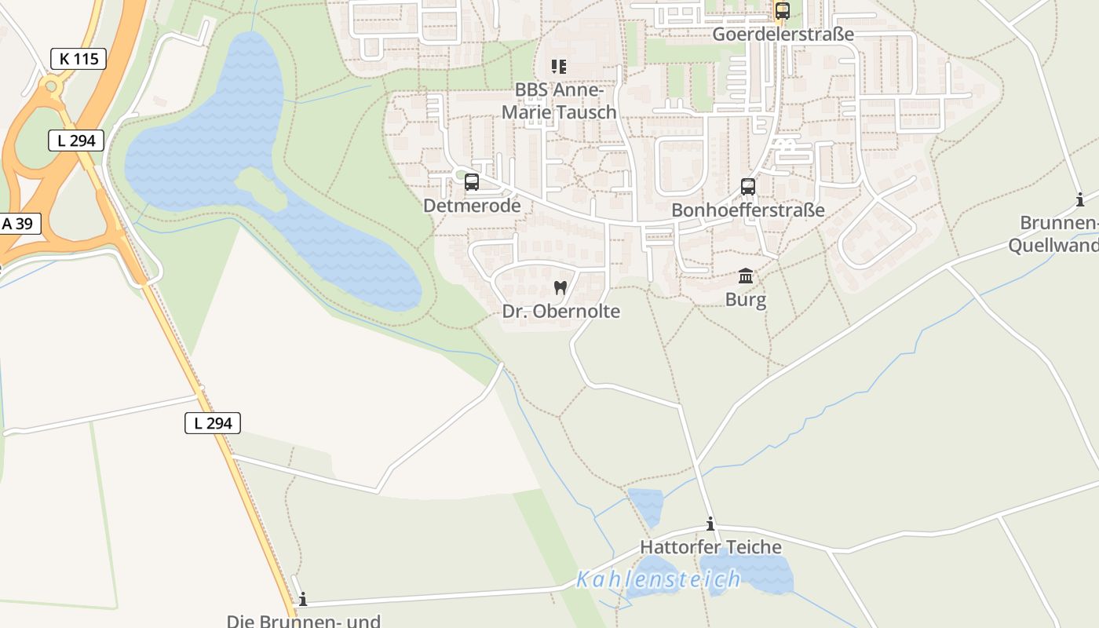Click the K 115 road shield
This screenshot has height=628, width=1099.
(x=78, y=58)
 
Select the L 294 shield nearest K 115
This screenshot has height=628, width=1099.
(x=76, y=141)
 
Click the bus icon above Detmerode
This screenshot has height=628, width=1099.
(x=472, y=182)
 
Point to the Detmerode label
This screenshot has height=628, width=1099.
(x=472, y=206)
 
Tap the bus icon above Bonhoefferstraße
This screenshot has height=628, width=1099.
(x=748, y=187)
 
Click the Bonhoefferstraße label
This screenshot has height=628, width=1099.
(x=748, y=210)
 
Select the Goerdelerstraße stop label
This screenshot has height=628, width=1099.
(x=783, y=35)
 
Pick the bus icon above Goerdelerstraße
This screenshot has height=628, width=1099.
(x=783, y=11)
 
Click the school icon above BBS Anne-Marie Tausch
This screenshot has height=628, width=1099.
(x=559, y=67)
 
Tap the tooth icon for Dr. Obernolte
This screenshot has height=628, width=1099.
(x=560, y=287)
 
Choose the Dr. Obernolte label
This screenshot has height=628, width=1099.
(x=560, y=311)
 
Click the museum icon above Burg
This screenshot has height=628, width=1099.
(x=746, y=276)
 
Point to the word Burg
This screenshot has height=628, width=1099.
(x=746, y=299)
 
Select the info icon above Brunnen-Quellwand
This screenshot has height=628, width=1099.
(x=1080, y=199)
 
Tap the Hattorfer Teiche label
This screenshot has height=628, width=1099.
(x=710, y=547)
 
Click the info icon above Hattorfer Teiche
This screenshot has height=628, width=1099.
(x=710, y=524)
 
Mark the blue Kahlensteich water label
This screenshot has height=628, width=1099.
(x=658, y=579)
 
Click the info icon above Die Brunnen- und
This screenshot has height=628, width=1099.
(x=303, y=599)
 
